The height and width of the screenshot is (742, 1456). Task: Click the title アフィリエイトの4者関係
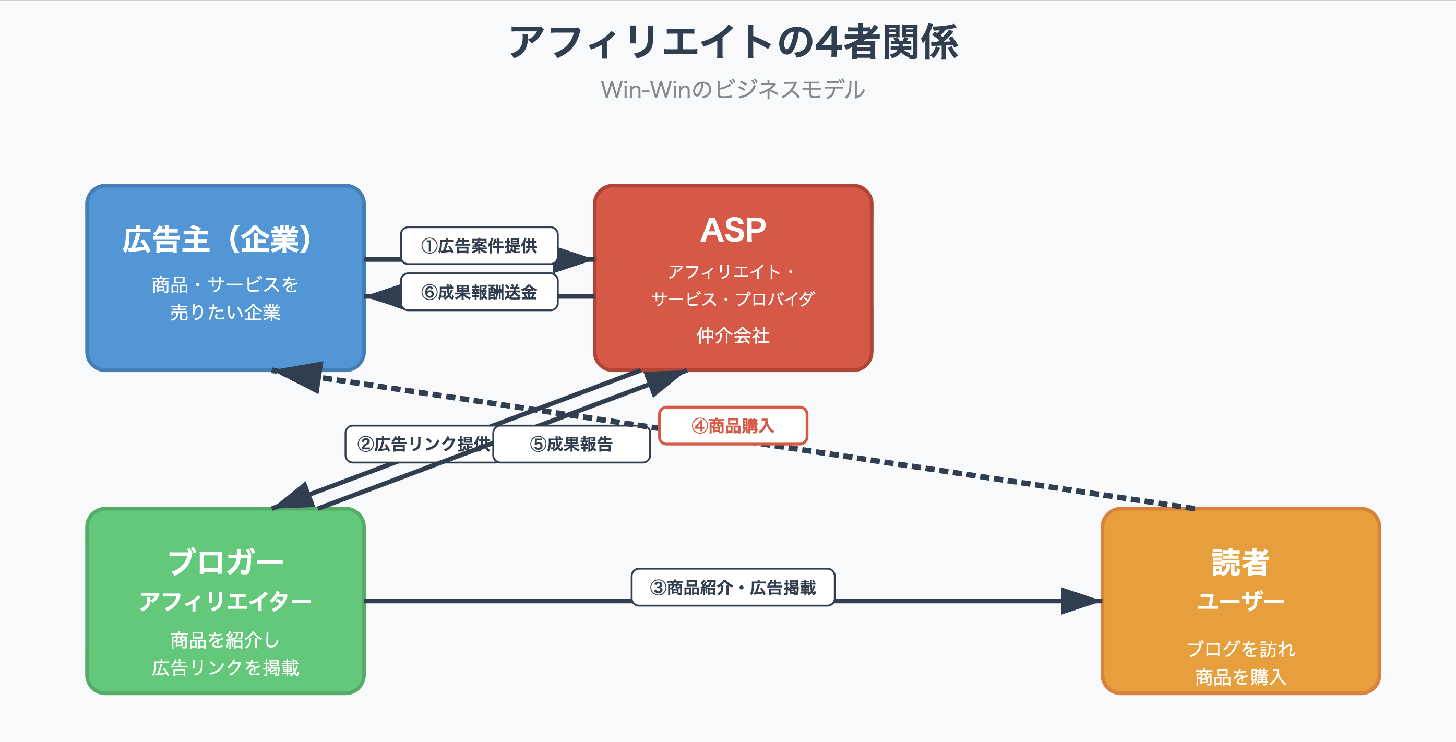pos(733,42)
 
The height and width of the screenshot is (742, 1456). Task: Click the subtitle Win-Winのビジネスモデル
pos(733,90)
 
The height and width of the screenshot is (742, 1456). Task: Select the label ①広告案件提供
pos(479,246)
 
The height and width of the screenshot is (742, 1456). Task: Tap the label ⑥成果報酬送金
pos(479,292)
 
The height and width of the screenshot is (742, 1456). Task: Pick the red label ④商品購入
pos(733,426)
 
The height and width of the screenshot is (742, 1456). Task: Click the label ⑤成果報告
pos(571,444)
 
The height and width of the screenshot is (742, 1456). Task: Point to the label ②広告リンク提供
pos(418,444)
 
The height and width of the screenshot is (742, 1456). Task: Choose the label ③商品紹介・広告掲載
pos(733,588)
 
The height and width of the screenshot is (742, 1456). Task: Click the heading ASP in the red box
pos(733,230)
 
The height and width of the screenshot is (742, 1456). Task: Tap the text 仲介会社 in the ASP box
pos(733,336)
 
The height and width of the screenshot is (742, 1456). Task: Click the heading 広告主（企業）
pos(217,240)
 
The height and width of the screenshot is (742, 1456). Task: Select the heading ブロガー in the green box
pos(225,563)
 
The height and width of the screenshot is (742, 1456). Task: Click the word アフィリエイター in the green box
pos(225,601)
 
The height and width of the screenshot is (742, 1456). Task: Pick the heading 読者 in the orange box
pos(1240,563)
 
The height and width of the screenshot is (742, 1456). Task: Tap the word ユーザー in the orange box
pos(1240,601)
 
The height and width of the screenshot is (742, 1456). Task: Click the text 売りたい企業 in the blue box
pos(225,313)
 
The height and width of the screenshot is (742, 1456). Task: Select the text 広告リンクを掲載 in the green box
pos(225,668)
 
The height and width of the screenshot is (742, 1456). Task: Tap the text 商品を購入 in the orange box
pos(1240,676)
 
